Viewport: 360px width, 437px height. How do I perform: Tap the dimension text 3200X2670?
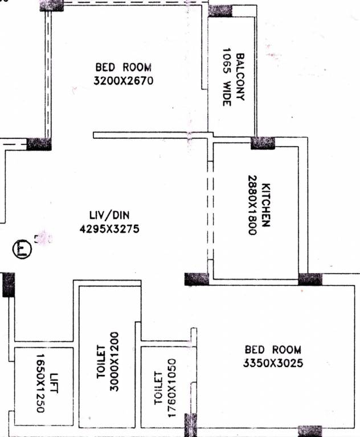(124, 81)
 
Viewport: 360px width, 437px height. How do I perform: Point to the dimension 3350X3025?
(273, 363)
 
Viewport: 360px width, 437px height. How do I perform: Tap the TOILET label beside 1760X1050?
(159, 389)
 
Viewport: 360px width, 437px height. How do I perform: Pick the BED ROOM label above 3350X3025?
(273, 350)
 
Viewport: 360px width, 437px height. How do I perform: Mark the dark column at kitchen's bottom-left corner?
(197, 279)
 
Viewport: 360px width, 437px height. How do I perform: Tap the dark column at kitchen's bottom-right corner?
(310, 279)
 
